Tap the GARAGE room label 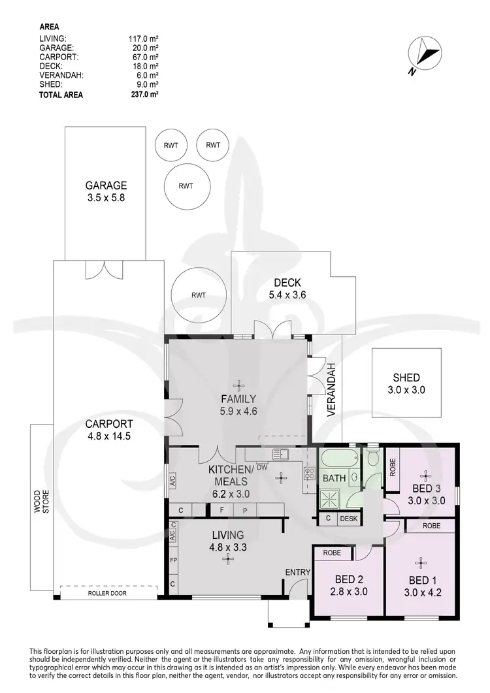[x=105, y=185]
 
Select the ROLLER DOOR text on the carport [x=108, y=594]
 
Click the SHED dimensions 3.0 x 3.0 [x=406, y=389]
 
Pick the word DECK [x=287, y=283]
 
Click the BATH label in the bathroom [x=334, y=478]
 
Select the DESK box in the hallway [x=348, y=519]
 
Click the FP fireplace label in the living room [x=173, y=560]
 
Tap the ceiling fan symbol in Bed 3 [x=426, y=475]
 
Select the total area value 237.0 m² [x=144, y=94]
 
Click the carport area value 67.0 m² [x=144, y=57]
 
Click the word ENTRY [x=297, y=572]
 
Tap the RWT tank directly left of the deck [x=198, y=295]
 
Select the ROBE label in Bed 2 [x=333, y=552]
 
